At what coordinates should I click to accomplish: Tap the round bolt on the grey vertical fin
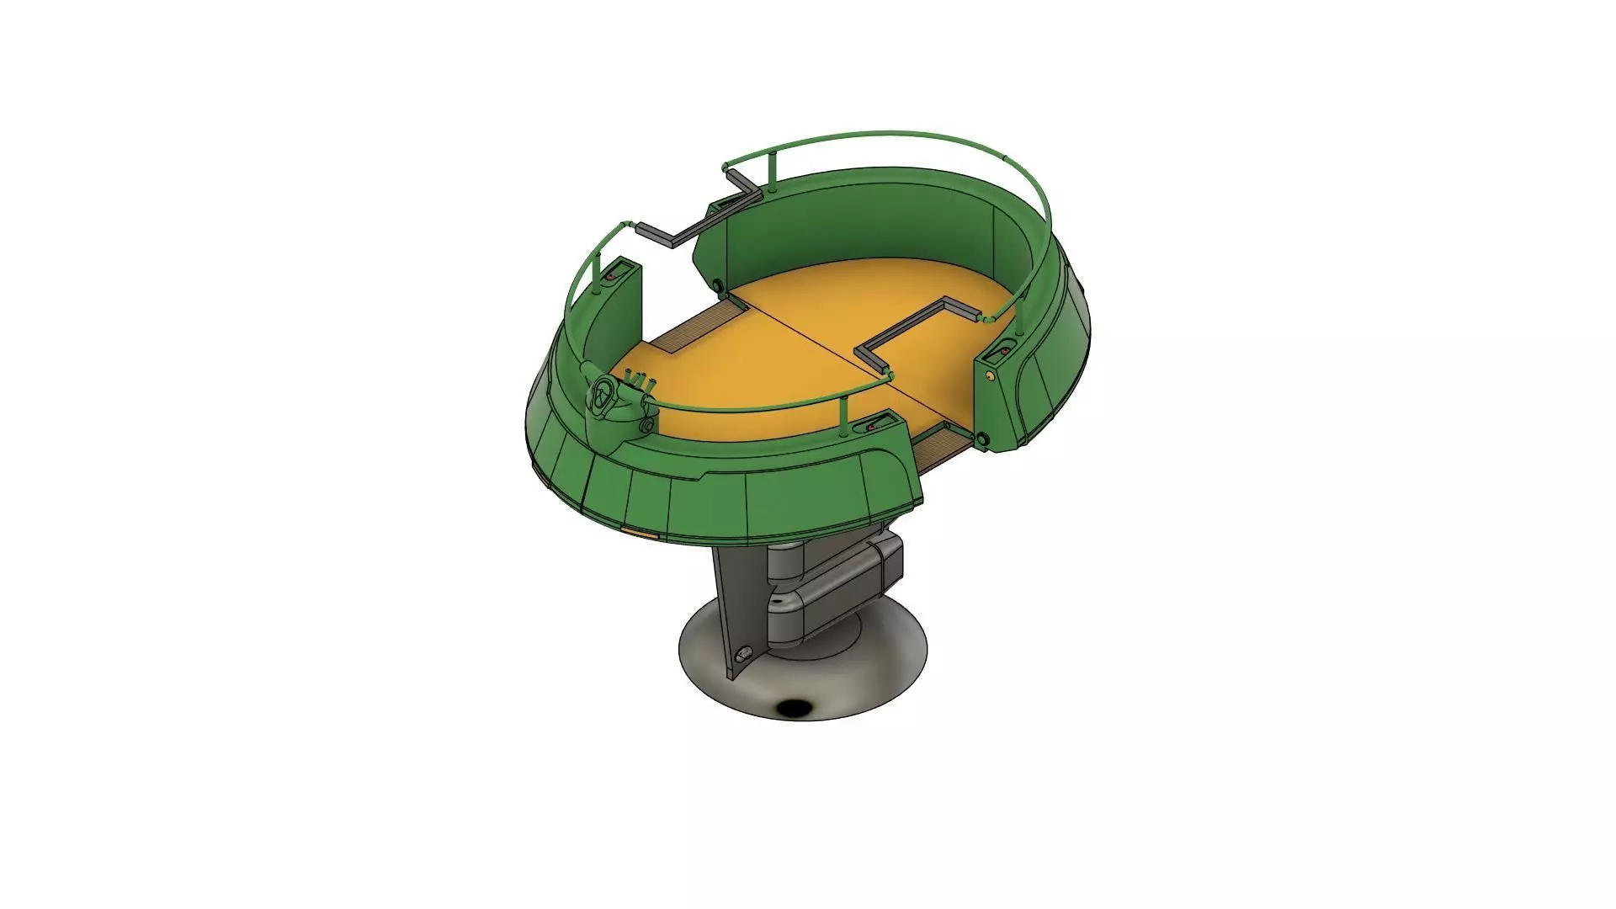742,655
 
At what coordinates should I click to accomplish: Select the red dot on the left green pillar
610,276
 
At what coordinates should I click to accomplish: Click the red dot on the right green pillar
1004,349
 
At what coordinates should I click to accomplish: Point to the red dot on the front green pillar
870,428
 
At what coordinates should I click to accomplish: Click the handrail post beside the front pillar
843,418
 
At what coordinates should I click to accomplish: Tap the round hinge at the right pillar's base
981,439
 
